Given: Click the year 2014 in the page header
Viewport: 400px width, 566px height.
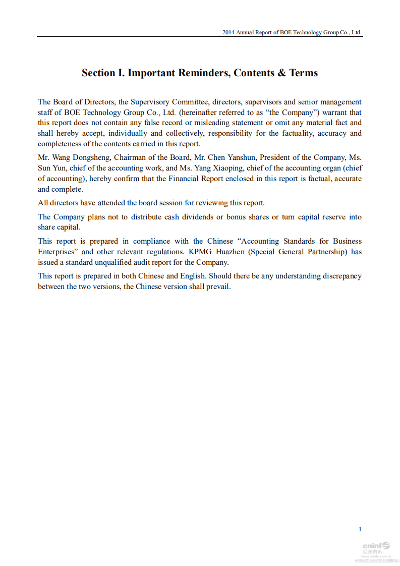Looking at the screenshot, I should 229,32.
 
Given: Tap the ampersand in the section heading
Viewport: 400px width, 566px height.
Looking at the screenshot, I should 281,73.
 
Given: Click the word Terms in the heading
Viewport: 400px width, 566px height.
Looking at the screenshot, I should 304,73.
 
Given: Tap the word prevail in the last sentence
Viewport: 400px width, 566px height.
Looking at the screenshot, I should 218,287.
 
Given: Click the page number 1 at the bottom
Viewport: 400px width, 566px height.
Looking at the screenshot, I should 360,529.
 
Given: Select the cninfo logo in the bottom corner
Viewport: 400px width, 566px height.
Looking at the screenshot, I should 376,546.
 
